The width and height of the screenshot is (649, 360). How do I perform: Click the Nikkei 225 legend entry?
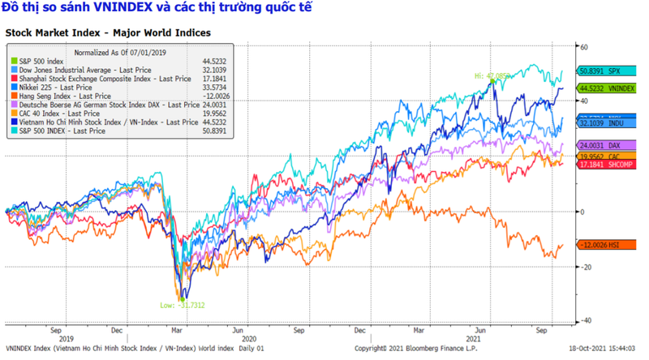(x=49, y=87)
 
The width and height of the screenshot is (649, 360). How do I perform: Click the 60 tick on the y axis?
(x=584, y=47)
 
